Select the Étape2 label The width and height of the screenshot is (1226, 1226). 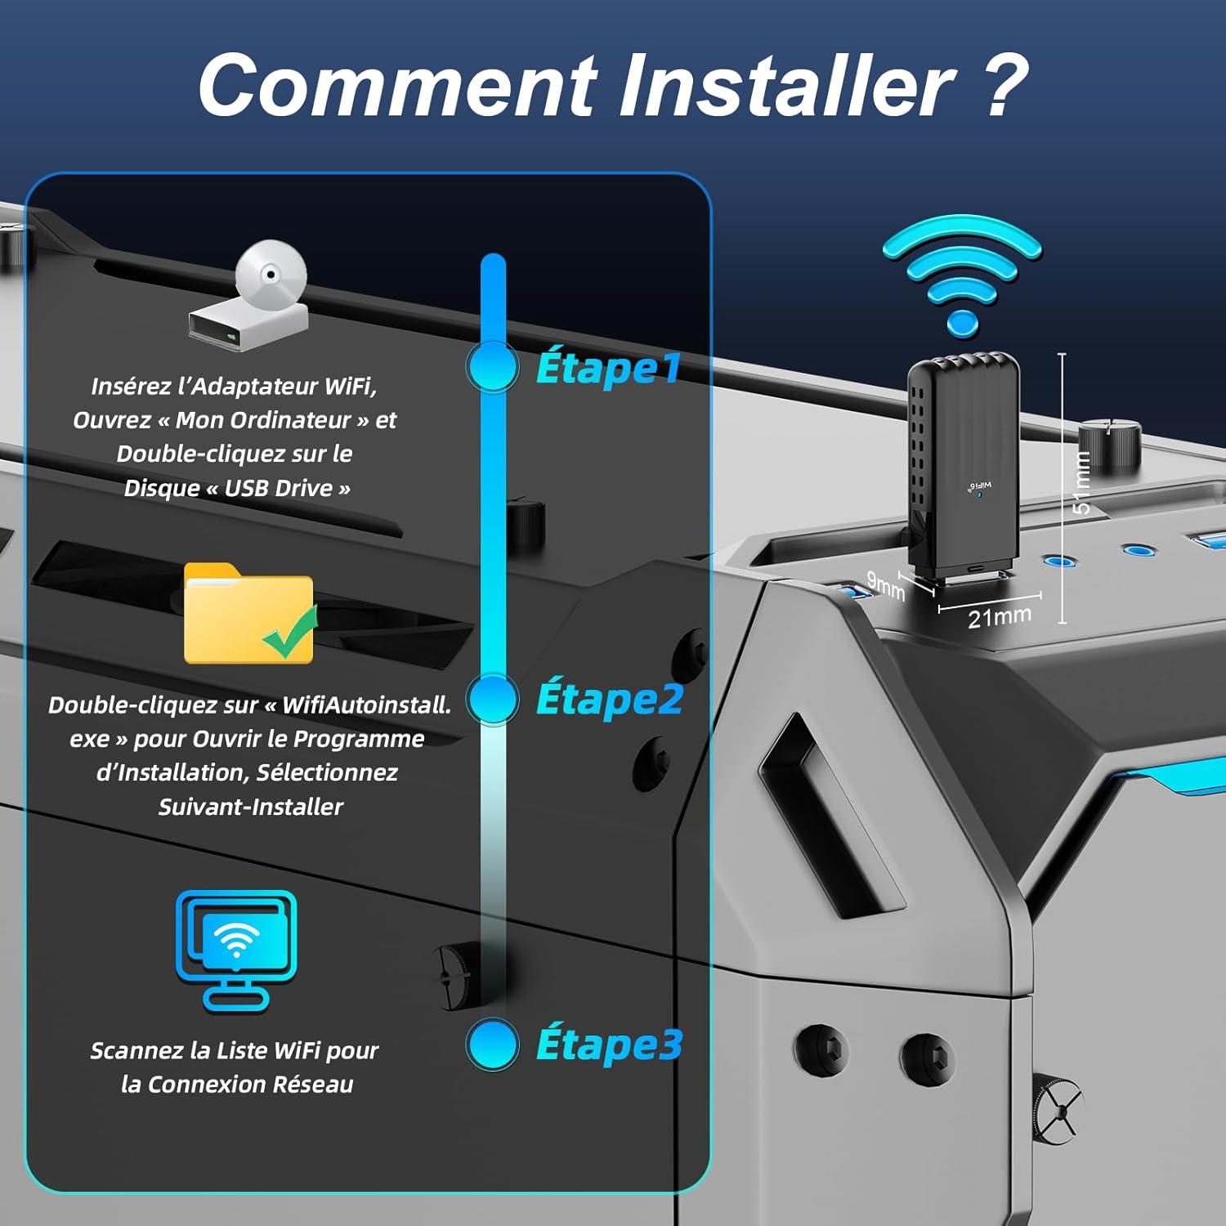[610, 700]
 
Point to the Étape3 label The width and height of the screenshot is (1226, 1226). [610, 1045]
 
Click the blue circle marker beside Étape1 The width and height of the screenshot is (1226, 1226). [493, 367]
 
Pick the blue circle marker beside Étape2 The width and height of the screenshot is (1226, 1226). [493, 699]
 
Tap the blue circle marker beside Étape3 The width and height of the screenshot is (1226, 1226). [493, 1044]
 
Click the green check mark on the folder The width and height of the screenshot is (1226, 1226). [290, 633]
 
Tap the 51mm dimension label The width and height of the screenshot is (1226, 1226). [1081, 482]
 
